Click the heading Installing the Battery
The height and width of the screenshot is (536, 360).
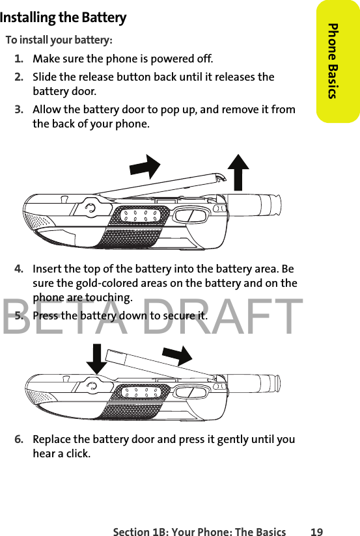pyautogui.click(x=63, y=18)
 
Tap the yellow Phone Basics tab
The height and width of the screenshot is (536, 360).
pyautogui.click(x=338, y=61)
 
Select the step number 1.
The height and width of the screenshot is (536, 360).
pyautogui.click(x=19, y=59)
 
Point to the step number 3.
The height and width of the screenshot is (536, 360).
pyautogui.click(x=19, y=109)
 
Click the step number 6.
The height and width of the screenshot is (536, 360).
pyautogui.click(x=19, y=439)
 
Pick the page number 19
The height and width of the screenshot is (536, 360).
pyautogui.click(x=316, y=531)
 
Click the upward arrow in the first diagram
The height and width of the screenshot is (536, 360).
pyautogui.click(x=238, y=172)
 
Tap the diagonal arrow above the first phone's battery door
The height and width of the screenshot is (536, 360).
pyautogui.click(x=145, y=167)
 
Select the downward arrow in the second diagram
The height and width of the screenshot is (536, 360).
pyautogui.click(x=97, y=359)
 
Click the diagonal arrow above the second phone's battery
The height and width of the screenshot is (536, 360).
pyautogui.click(x=177, y=356)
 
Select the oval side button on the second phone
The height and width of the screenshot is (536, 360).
pyautogui.click(x=191, y=392)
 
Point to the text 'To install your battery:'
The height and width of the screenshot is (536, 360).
pyautogui.click(x=59, y=40)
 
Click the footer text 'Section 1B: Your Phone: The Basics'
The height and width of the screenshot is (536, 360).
pyautogui.click(x=199, y=531)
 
